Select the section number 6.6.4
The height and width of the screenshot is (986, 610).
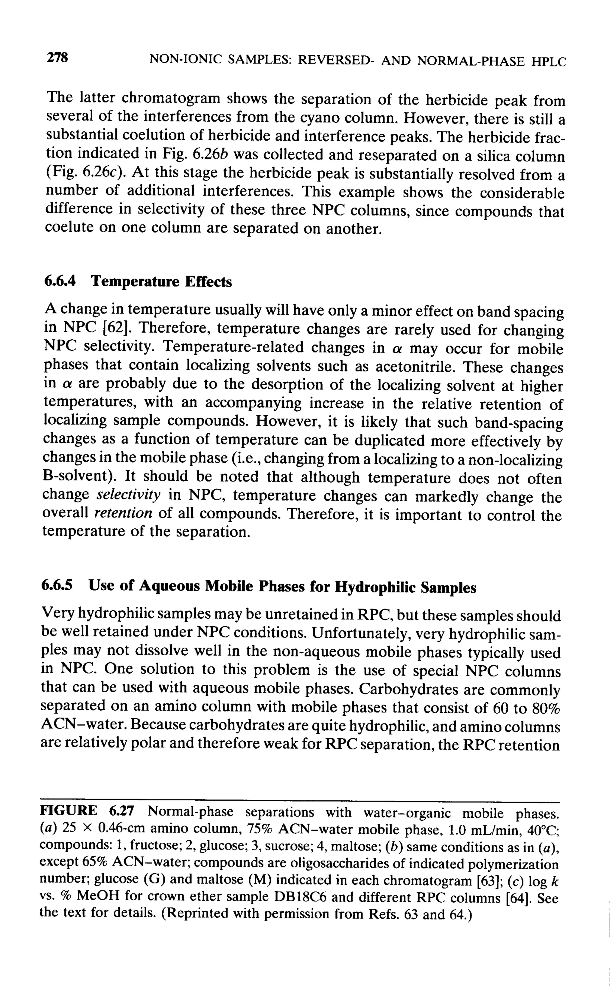click(60, 281)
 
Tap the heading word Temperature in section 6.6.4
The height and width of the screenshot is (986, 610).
click(135, 281)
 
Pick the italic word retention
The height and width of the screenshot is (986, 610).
click(123, 513)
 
